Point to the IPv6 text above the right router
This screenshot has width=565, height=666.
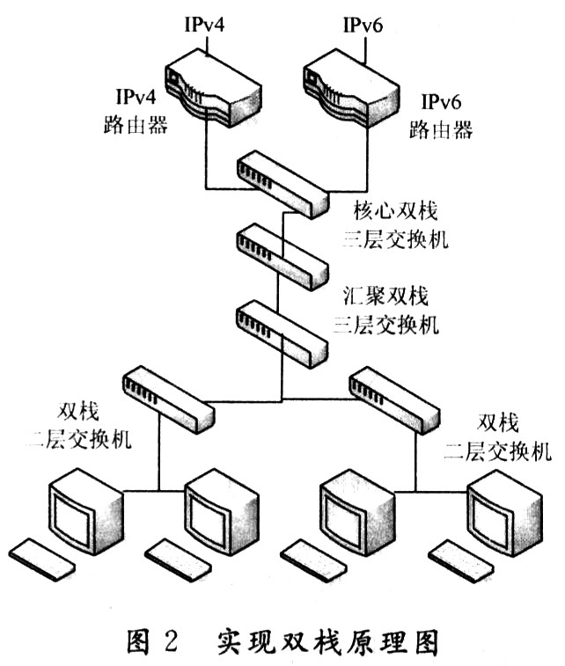coord(363,26)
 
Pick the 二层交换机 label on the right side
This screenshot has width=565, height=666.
coord(497,451)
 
